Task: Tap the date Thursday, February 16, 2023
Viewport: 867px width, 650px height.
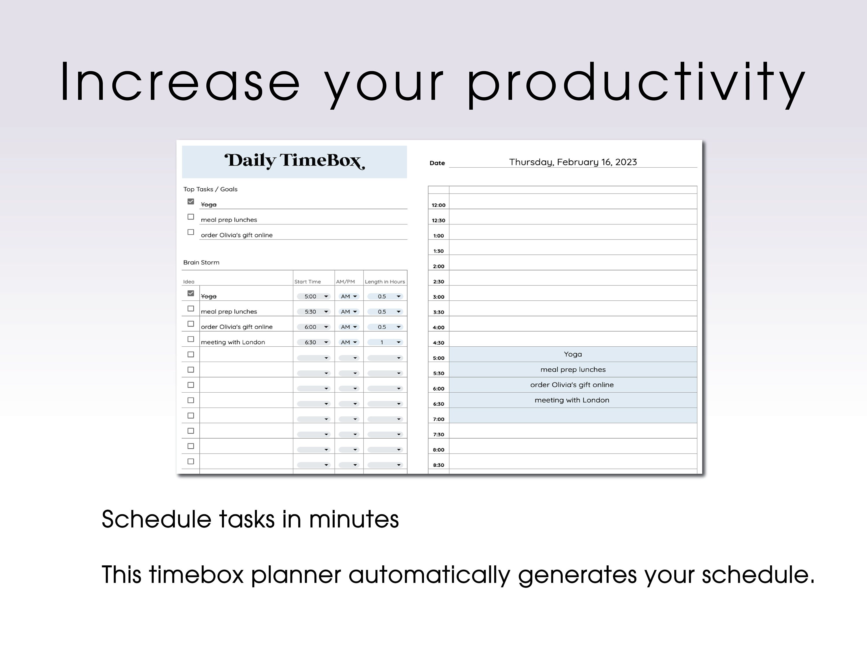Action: (x=573, y=162)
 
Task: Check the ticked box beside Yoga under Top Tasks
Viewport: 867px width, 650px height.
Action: (x=191, y=201)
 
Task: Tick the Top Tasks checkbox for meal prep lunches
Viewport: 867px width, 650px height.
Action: (x=191, y=217)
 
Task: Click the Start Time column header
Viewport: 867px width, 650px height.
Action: (x=307, y=282)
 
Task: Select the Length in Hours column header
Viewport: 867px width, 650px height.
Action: (x=384, y=282)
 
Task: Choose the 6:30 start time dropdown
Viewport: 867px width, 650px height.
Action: (x=314, y=342)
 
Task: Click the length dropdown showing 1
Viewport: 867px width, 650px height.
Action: (x=385, y=342)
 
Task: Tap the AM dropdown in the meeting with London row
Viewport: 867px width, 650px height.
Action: (x=349, y=342)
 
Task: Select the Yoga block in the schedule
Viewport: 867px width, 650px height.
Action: (x=573, y=354)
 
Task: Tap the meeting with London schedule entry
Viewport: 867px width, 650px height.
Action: (x=572, y=400)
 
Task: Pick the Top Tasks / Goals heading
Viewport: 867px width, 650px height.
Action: (x=210, y=189)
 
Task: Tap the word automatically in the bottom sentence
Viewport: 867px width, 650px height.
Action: (x=429, y=575)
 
